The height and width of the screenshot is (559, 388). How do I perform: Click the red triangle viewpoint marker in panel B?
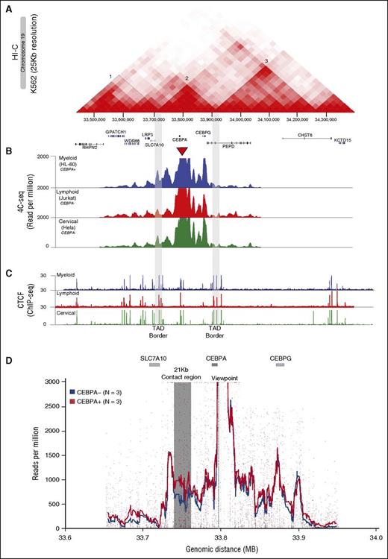pos(183,152)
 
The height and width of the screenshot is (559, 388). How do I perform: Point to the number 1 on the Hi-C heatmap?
pos(110,76)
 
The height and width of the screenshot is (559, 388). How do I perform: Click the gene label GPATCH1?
pos(116,131)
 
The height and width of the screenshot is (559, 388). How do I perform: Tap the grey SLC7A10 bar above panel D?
pos(154,365)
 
